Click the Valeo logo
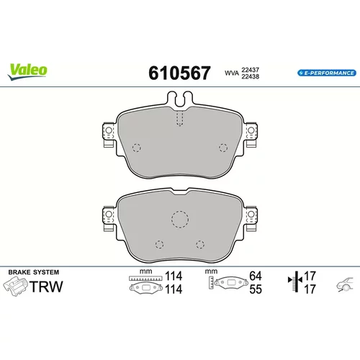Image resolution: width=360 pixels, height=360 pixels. tap(27, 72)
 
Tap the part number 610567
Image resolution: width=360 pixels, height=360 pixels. tap(179, 73)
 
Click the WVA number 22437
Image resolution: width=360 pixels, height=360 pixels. tap(251, 70)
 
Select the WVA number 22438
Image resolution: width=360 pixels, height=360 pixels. tap(251, 76)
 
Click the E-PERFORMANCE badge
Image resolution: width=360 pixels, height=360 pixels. tap(327, 73)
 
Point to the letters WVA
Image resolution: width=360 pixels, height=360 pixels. tap(232, 73)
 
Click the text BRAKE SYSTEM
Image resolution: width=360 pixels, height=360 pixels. tap(34, 272)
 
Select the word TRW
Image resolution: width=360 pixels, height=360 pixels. tap(46, 287)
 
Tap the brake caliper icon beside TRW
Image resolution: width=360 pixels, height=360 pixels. tap(15, 287)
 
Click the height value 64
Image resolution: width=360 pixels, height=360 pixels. tap(256, 276)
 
